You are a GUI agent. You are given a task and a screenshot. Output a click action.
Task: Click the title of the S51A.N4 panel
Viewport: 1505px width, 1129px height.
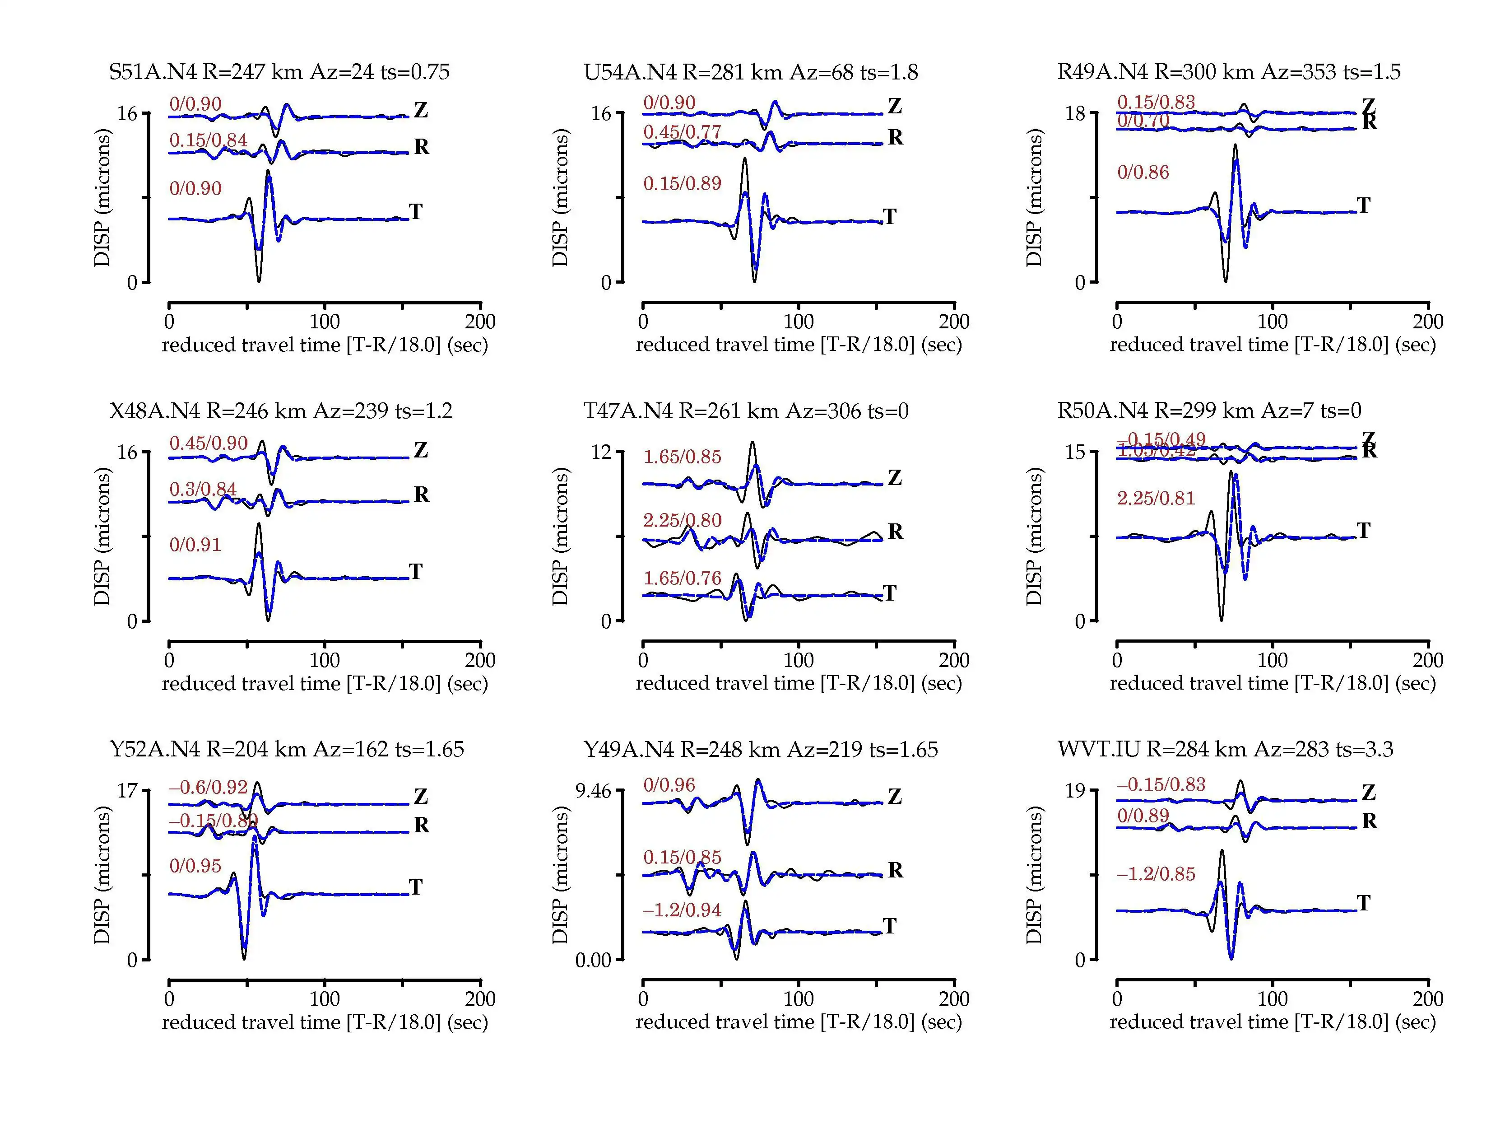[x=279, y=72]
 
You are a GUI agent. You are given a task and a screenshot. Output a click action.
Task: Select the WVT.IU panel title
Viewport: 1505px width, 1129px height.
[x=1225, y=749]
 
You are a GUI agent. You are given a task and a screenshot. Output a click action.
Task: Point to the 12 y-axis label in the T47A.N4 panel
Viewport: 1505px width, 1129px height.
[x=601, y=452]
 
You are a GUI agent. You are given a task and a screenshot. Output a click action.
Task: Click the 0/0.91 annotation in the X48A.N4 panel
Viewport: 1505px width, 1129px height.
[x=195, y=545]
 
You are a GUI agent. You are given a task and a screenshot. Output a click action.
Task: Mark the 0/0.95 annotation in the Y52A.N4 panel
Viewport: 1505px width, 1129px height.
[x=195, y=866]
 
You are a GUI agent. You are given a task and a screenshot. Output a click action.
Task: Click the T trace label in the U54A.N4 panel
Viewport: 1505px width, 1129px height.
[x=890, y=217]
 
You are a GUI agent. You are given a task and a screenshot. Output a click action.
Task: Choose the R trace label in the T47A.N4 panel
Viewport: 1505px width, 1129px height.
[x=896, y=532]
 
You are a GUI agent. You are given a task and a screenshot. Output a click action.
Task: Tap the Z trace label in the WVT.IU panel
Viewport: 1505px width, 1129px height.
[x=1369, y=793]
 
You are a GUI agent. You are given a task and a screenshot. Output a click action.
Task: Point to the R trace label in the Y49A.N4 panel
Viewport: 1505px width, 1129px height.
[x=896, y=870]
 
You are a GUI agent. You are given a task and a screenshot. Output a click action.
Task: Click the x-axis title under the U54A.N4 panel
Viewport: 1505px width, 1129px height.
[x=799, y=345]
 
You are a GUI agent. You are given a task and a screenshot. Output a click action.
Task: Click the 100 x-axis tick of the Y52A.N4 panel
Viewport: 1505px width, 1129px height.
[x=325, y=999]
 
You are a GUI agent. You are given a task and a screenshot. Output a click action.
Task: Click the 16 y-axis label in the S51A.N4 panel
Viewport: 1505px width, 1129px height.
[x=127, y=114]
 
